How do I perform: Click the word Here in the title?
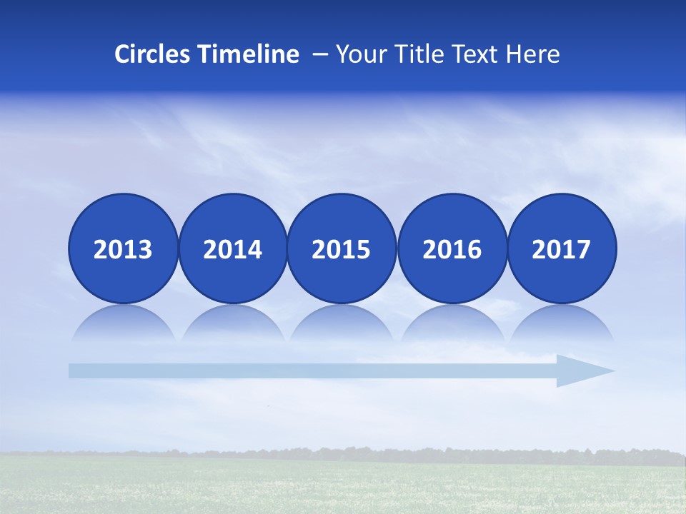point(533,54)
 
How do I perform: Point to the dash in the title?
point(320,55)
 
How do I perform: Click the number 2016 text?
point(452,250)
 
